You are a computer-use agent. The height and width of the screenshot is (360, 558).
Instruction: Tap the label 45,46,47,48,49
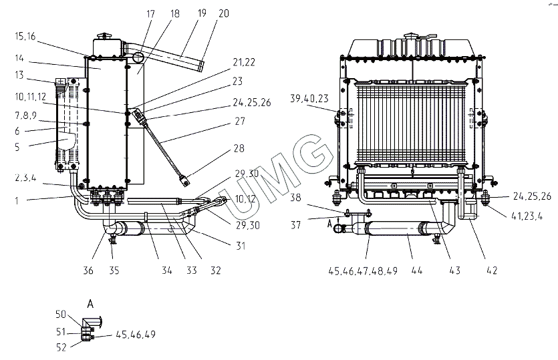[364, 271]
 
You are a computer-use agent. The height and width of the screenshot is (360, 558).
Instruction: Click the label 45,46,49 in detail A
[136, 334]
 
